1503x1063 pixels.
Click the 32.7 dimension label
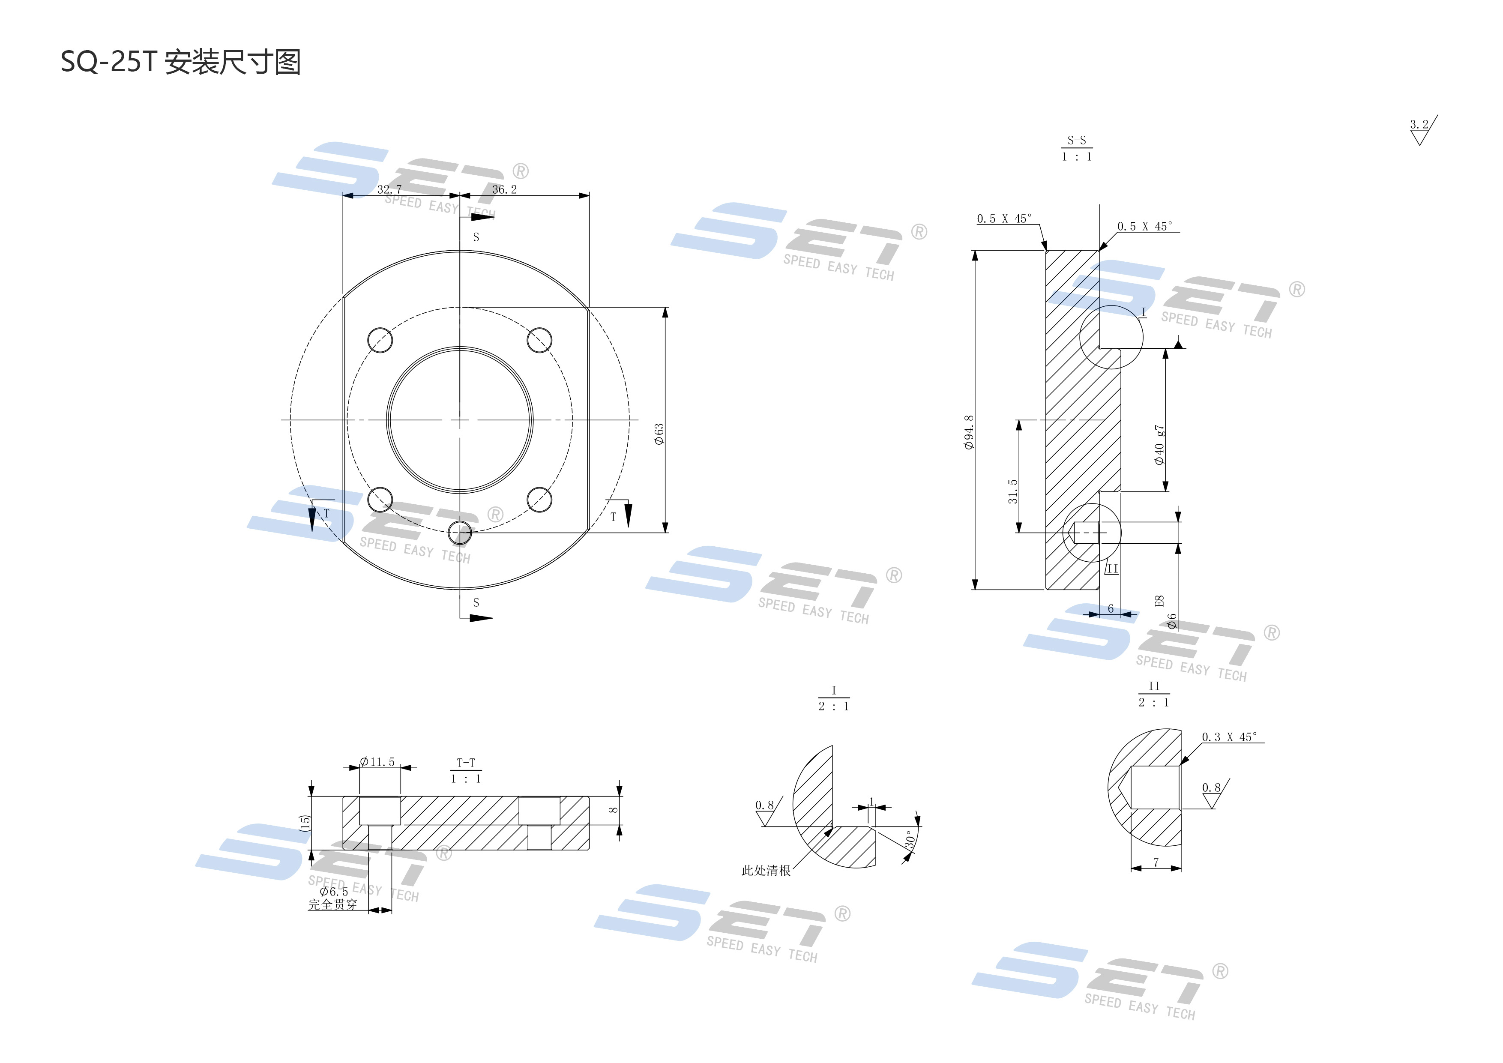point(389,189)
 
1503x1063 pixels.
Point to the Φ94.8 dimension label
point(969,432)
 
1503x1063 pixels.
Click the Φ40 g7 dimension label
point(1159,445)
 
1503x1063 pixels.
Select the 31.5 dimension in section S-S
point(1013,491)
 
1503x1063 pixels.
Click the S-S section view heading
point(1076,148)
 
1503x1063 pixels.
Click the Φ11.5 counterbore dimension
point(378,762)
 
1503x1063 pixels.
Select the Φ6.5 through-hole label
point(334,892)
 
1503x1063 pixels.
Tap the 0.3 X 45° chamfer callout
point(1229,737)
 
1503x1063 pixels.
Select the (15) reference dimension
point(304,823)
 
